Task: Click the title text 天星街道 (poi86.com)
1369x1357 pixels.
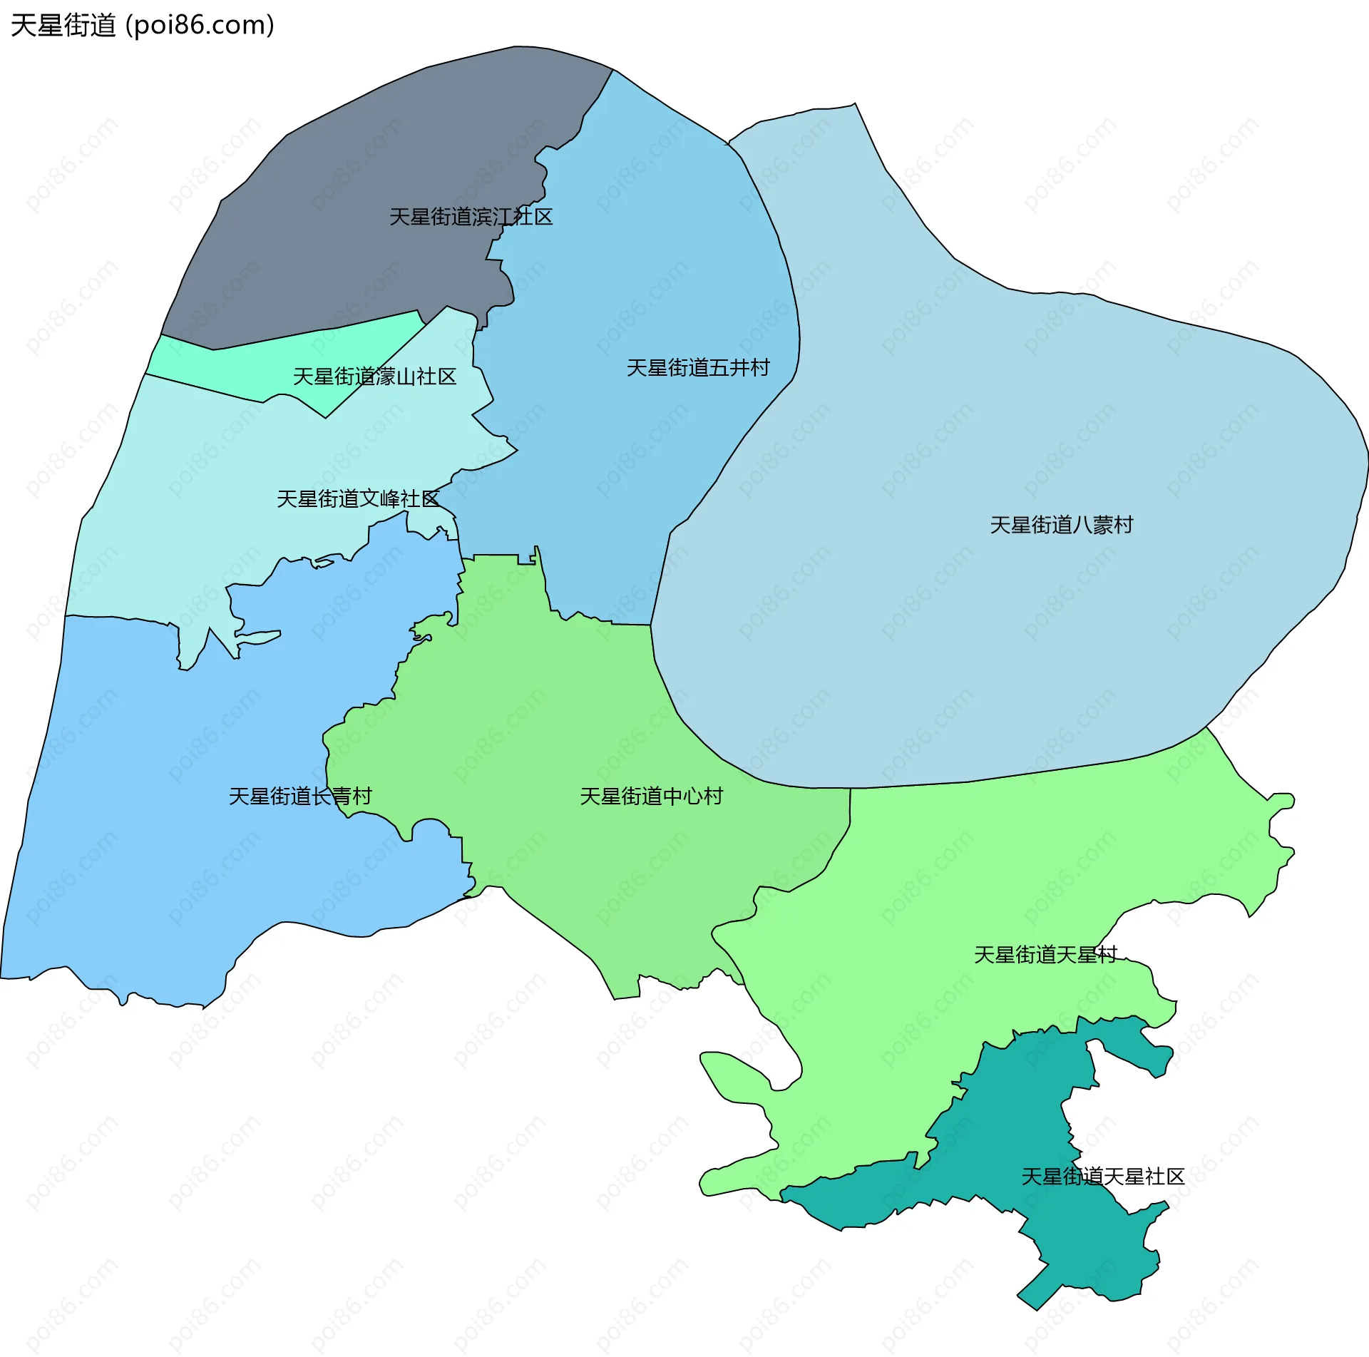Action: click(x=143, y=26)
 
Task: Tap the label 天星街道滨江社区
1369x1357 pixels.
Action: click(x=471, y=217)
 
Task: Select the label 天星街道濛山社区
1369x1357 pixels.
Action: click(x=374, y=377)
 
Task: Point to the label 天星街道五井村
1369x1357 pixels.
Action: click(x=698, y=368)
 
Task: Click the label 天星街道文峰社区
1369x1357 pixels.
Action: click(x=358, y=498)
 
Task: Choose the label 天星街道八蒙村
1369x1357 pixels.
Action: click(x=1061, y=526)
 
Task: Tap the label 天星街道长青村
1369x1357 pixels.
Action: click(x=300, y=797)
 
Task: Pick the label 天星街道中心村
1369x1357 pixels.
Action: click(x=652, y=797)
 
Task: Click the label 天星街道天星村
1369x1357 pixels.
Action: click(x=1045, y=955)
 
